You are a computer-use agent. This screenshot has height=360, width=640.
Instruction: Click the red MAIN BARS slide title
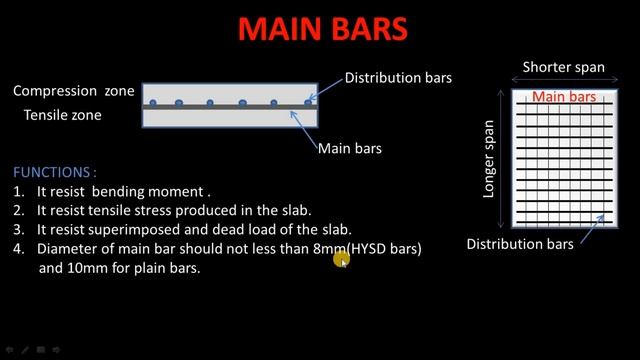pos(322,28)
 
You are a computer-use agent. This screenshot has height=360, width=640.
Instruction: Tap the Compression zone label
pos(74,91)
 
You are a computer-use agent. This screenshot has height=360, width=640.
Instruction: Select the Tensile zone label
pos(62,115)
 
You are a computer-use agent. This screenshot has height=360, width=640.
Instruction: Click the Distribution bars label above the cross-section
pos(398,77)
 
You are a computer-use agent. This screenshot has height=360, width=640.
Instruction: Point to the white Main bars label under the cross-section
pos(349,149)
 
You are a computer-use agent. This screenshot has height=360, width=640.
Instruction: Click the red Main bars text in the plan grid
pos(564,97)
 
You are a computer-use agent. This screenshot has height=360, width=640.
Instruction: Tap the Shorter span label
pos(564,67)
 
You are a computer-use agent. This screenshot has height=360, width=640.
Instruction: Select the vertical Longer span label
pos(489,159)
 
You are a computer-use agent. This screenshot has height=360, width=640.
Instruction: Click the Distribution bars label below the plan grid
pos(520,244)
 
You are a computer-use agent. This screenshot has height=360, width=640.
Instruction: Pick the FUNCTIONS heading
pos(55,172)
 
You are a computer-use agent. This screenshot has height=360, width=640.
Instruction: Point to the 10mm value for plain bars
pos(87,268)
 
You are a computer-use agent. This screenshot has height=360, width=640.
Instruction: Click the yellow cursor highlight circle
pos(342,259)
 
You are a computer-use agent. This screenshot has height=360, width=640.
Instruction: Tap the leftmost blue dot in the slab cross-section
pos(153,103)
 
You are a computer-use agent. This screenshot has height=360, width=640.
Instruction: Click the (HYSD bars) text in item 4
pos(384,248)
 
